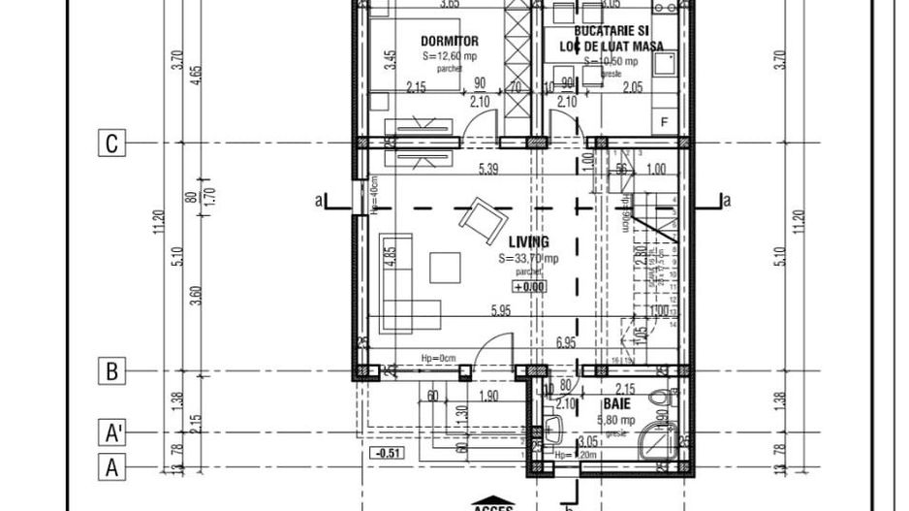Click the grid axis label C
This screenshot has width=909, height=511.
coord(112,144)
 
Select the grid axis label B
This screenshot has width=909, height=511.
coord(112,370)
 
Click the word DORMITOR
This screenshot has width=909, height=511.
coord(449,41)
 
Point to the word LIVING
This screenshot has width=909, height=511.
coord(528,242)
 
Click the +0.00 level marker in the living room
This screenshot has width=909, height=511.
coord(529,287)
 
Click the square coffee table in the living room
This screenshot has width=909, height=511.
coord(446,267)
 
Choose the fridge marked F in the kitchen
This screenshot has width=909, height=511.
coord(664,121)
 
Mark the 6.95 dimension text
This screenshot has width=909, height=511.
coord(566,343)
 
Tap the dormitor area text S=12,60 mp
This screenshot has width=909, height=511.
coord(449,56)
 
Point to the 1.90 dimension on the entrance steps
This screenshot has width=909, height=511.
coord(489,396)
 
